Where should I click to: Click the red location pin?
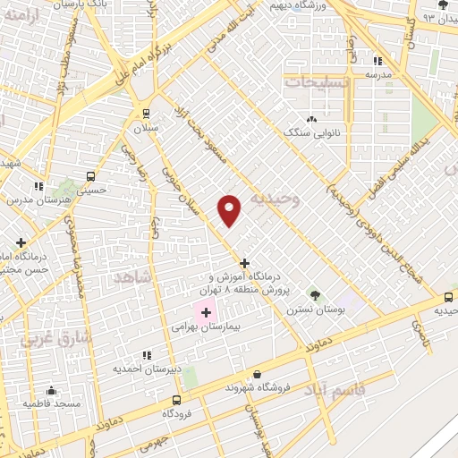[230, 210]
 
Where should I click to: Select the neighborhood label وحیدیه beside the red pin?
[275, 197]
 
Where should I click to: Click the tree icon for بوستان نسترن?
[314, 294]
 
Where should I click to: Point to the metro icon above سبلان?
[146, 113]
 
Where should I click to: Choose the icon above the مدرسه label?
[377, 62]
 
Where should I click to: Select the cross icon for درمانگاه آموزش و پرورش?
[245, 262]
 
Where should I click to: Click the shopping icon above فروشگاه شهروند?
[258, 374]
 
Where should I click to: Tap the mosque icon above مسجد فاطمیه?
[51, 390]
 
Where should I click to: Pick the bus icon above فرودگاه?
[175, 400]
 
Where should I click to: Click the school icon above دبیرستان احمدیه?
[147, 355]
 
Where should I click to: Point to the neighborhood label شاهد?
[134, 278]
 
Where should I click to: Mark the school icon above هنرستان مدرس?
[38, 186]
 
